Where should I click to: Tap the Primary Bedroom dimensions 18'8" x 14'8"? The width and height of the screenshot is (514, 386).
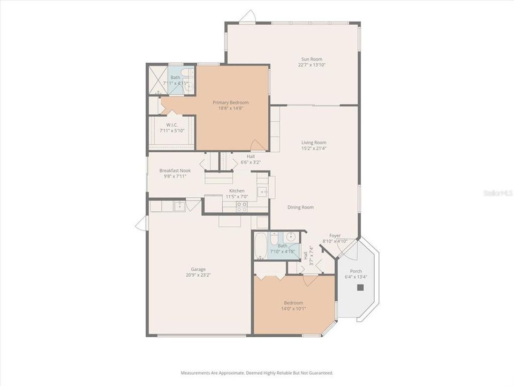231,108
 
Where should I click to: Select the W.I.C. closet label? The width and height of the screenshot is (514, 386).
171,125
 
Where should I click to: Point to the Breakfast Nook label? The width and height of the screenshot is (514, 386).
175,170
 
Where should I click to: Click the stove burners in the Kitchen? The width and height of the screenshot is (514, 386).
242,206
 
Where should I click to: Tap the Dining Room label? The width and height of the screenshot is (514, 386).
300,207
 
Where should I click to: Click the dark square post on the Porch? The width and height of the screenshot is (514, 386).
360,287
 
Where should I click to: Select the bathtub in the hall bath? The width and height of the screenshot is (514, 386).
260,246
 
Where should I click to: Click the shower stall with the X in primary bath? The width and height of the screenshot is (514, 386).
158,79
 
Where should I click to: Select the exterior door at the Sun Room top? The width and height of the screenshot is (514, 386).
247,17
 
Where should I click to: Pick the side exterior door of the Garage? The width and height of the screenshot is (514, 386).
142,223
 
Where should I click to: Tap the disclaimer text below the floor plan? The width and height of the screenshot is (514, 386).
257,373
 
